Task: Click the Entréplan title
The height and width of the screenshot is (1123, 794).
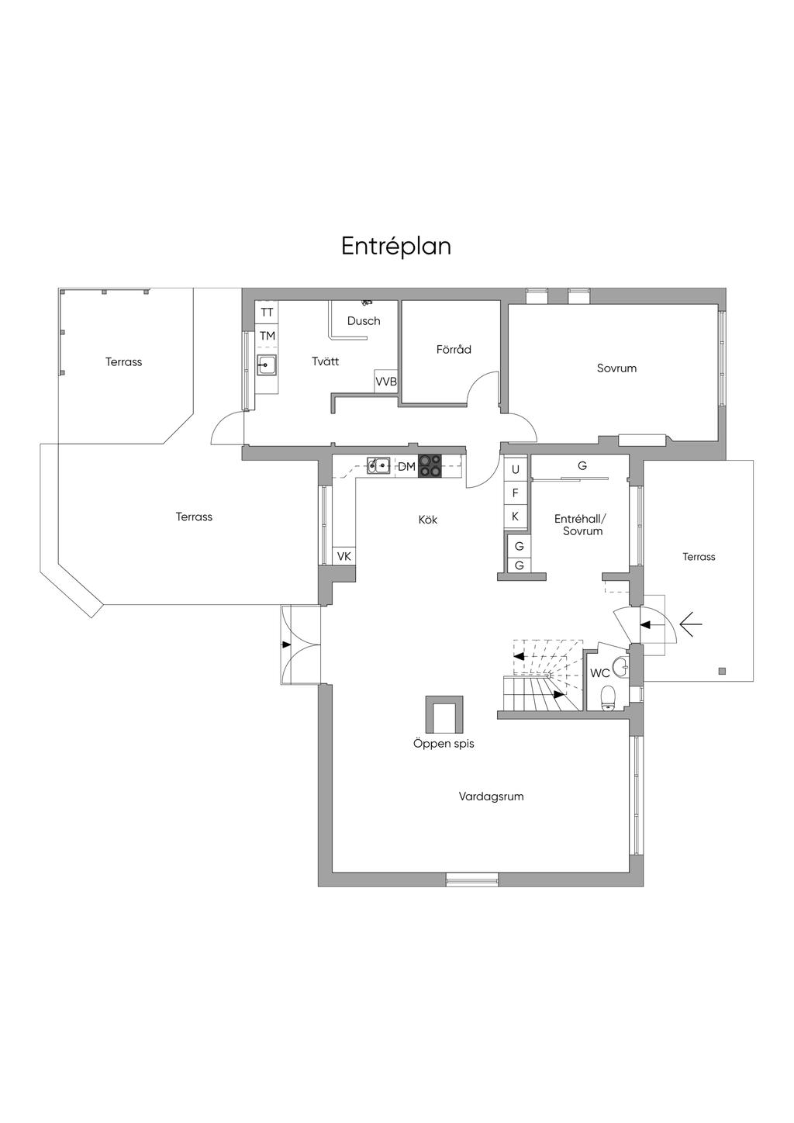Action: tap(396, 246)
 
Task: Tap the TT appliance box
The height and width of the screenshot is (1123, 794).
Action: tap(267, 313)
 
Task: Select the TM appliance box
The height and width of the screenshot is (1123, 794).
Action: tap(267, 336)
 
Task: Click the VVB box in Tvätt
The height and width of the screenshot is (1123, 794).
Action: tap(386, 382)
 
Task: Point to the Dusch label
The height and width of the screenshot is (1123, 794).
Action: tap(364, 321)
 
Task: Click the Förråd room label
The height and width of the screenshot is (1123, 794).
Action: tap(454, 350)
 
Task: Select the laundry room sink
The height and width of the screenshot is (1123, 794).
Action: tap(267, 365)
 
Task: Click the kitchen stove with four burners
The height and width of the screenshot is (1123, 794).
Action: tap(430, 465)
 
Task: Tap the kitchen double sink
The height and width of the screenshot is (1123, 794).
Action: tap(378, 465)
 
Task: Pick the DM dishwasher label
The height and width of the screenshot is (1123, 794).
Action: tap(406, 466)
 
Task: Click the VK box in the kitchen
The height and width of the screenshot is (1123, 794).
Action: tap(344, 556)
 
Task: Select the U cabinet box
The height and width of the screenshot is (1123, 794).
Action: tap(516, 470)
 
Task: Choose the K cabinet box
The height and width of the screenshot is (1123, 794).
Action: tap(516, 516)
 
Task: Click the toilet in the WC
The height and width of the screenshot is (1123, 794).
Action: tap(609, 696)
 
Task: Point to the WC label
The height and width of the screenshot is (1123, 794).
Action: tap(599, 673)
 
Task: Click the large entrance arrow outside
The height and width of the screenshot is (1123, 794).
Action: tap(690, 623)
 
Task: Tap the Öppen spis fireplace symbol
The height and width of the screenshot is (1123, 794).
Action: tap(444, 714)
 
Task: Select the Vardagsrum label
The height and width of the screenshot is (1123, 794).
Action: tap(491, 796)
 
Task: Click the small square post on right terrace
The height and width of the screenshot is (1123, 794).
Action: tap(722, 671)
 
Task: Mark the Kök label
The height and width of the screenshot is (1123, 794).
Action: tap(428, 520)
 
